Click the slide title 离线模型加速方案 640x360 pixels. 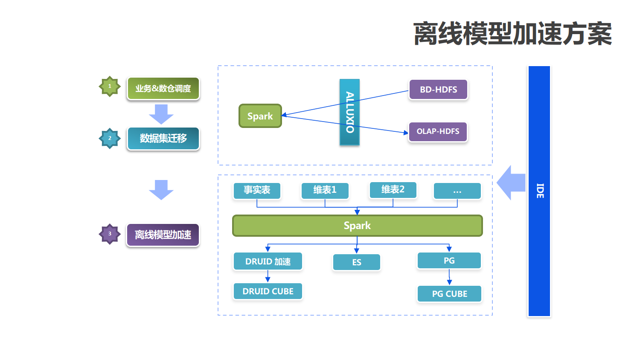click(x=512, y=34)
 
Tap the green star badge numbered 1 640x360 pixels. click(x=110, y=87)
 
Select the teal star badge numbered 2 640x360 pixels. click(x=110, y=138)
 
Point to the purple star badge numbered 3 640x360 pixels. click(x=110, y=234)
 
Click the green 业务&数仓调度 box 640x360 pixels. click(x=163, y=89)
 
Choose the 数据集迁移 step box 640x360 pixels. click(x=163, y=139)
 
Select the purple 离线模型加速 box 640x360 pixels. click(x=163, y=235)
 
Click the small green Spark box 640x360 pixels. click(x=260, y=116)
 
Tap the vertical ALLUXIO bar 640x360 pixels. click(x=349, y=112)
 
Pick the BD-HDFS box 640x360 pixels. click(x=438, y=90)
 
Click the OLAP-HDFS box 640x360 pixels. click(x=438, y=131)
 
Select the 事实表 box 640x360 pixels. click(x=257, y=190)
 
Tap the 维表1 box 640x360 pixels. click(x=325, y=190)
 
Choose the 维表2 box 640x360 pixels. click(x=393, y=190)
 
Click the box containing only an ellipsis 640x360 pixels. click(x=457, y=191)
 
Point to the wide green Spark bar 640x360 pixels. click(x=357, y=226)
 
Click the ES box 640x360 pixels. click(x=357, y=262)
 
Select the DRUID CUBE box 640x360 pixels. click(x=268, y=291)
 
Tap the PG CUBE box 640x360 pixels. click(x=449, y=294)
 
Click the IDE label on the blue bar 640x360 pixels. click(x=540, y=191)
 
